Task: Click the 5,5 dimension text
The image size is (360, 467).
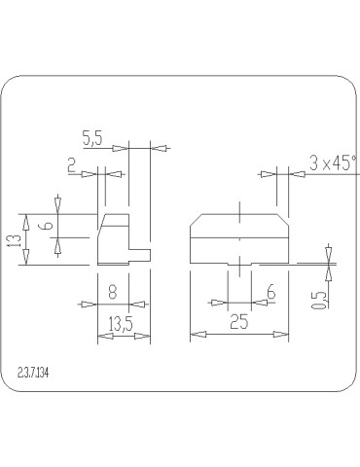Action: [x=93, y=139]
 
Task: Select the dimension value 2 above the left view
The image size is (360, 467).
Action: [x=73, y=166]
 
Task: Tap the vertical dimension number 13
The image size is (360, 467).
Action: [x=13, y=239]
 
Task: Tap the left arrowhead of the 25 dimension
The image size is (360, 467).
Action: [x=193, y=334]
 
